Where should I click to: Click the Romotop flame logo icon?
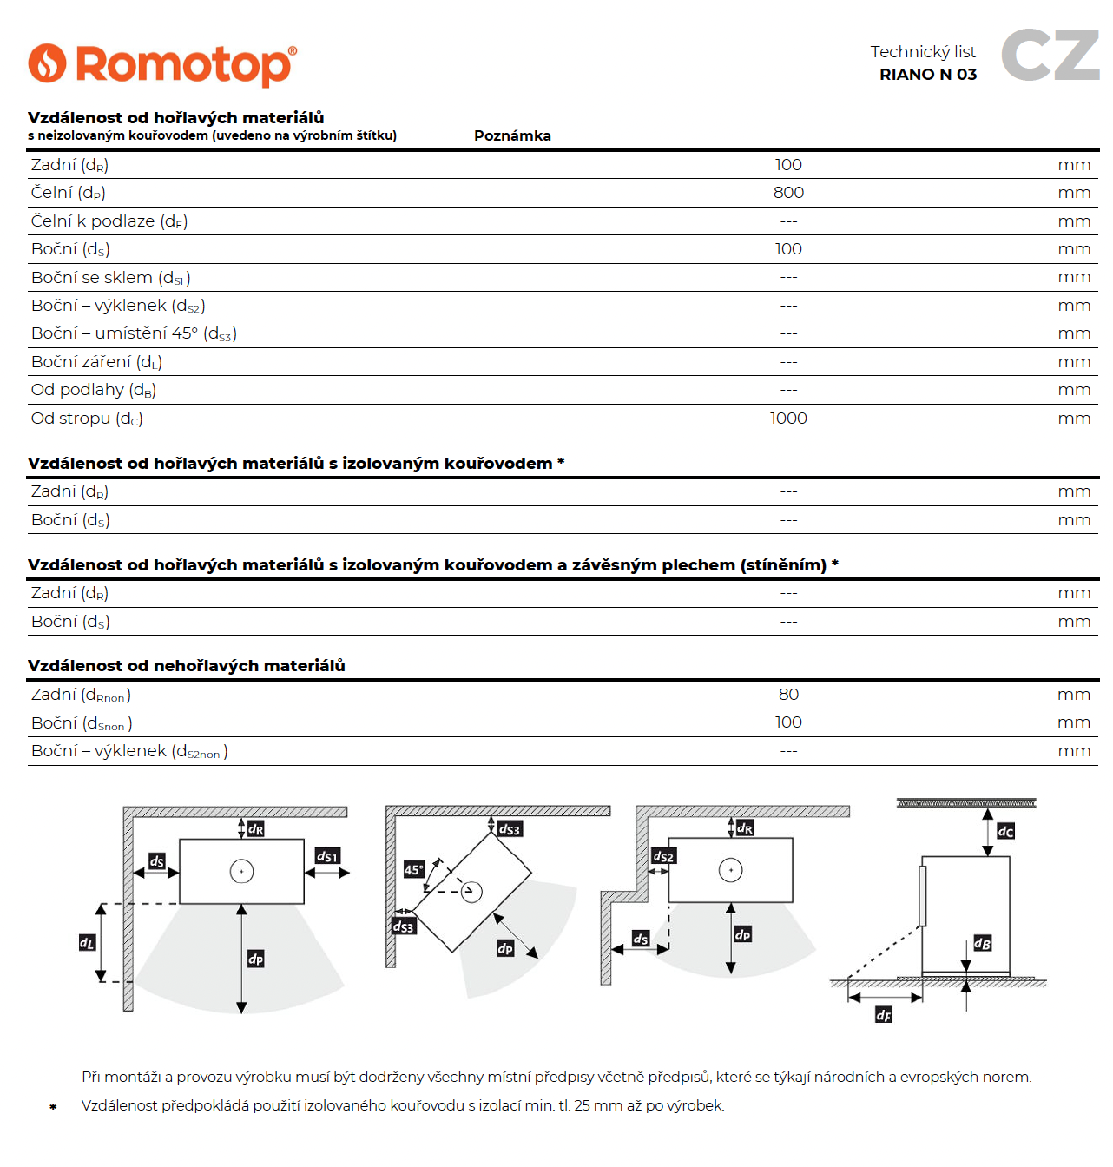(47, 63)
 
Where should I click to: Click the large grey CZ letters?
(1050, 55)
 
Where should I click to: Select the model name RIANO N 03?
(928, 75)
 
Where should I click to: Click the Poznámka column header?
(512, 135)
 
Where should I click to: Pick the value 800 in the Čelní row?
(788, 193)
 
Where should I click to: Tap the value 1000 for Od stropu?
(788, 419)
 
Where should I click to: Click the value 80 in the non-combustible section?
(788, 695)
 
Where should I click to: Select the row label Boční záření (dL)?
(96, 362)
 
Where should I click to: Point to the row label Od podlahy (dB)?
(94, 390)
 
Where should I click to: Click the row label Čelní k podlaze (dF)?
(109, 221)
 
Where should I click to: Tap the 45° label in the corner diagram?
(414, 869)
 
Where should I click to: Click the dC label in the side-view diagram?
(1005, 831)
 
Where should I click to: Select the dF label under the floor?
(883, 1015)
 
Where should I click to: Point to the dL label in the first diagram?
(87, 942)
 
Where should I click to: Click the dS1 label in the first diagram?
(327, 856)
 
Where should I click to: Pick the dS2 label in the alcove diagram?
(663, 856)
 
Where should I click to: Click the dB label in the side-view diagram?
(982, 943)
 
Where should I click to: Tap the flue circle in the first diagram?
(241, 871)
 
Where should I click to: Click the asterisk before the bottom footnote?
(53, 1107)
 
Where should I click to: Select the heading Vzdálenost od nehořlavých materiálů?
(187, 666)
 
